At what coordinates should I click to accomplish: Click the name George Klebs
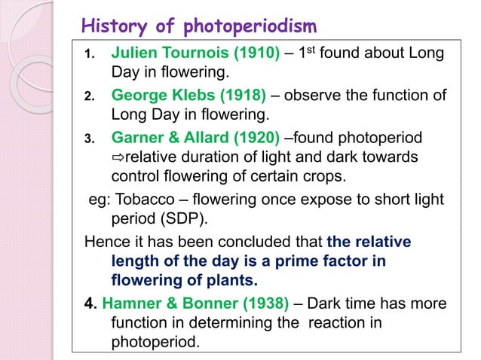(x=158, y=96)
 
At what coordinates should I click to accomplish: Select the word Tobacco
(x=142, y=199)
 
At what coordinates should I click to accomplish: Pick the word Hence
(x=104, y=242)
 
